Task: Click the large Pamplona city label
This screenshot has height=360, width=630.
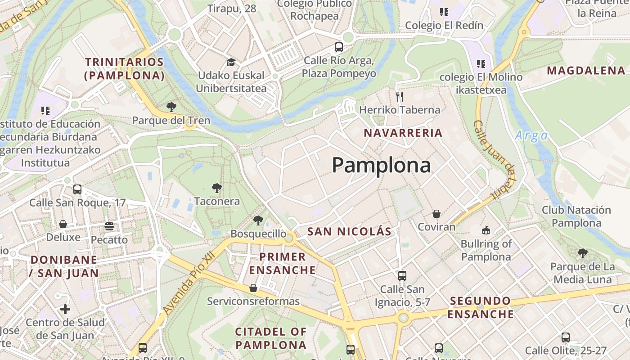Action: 381,165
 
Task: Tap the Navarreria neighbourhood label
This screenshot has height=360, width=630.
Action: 403,133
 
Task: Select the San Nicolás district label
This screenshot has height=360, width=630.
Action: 349,232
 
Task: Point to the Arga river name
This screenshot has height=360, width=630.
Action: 531,135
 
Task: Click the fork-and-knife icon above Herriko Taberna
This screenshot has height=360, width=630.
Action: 399,96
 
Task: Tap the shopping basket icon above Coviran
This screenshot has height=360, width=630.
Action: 436,214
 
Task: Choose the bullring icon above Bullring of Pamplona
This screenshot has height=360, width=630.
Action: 486,230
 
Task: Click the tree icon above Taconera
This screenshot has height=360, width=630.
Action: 216,188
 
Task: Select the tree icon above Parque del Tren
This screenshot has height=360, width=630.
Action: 171,107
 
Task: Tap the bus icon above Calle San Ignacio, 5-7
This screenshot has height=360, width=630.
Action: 402,275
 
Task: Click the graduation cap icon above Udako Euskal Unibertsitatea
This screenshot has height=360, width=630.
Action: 231,62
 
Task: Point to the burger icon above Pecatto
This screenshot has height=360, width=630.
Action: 109,226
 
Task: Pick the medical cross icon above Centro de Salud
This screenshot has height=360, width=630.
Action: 65,309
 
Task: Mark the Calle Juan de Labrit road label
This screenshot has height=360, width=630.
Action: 494,160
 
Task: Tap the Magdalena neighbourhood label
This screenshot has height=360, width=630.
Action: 586,70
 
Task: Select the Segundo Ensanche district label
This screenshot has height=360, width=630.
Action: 481,307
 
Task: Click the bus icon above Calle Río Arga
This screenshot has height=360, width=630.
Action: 338,47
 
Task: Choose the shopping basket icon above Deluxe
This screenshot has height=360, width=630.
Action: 63,224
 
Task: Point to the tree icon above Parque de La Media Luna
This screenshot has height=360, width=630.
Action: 583,253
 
